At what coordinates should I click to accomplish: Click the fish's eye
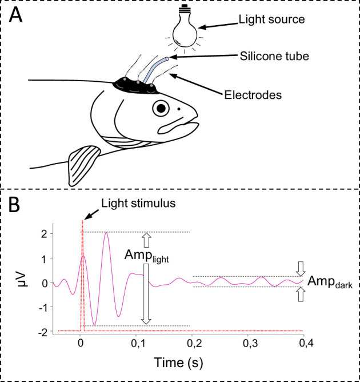coord(162,107)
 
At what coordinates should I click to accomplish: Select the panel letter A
coord(17,15)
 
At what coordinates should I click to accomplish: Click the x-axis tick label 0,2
coord(193,344)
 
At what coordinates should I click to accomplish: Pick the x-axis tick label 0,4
coord(303,344)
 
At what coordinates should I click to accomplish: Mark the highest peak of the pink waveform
coord(106,233)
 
